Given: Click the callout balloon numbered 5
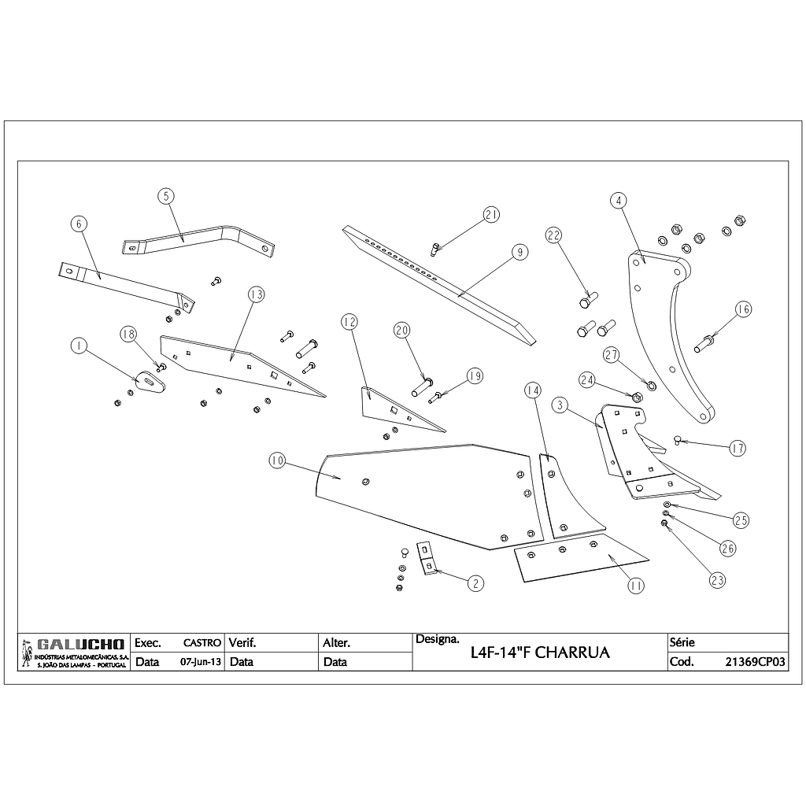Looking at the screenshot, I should (165, 196).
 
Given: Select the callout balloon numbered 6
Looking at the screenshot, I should (77, 224).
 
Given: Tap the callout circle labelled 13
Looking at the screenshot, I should (255, 294).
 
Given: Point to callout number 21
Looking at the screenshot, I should (492, 214).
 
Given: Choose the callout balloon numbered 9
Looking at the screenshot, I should (519, 252).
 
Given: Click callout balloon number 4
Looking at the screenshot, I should (619, 200).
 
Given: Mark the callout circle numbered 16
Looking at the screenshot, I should (743, 309).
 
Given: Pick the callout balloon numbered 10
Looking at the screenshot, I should (276, 461).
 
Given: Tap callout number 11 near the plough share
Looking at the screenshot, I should (636, 585).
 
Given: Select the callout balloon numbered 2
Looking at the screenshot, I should (475, 583).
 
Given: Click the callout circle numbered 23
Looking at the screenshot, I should (717, 580).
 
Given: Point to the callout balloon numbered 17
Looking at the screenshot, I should (737, 449).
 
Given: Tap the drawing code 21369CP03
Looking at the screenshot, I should (755, 662).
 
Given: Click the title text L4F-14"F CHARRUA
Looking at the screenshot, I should (539, 653).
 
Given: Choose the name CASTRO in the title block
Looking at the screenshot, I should (201, 643).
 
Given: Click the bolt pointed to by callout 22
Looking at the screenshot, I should (587, 301).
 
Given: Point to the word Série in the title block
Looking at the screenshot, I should (682, 642).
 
